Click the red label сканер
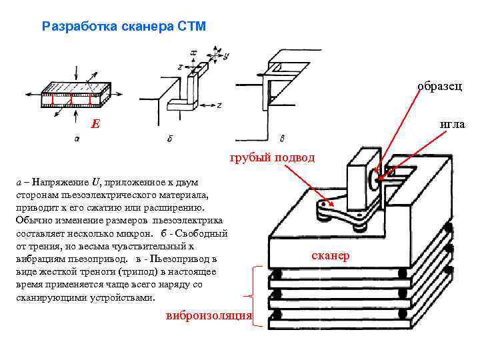pyautogui.click(x=330, y=256)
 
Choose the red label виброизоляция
pyautogui.click(x=209, y=315)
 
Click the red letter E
pyautogui.click(x=96, y=124)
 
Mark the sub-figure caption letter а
pyautogui.click(x=77, y=139)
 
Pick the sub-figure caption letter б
pyautogui.click(x=171, y=139)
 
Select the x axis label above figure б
pyautogui.click(x=193, y=51)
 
